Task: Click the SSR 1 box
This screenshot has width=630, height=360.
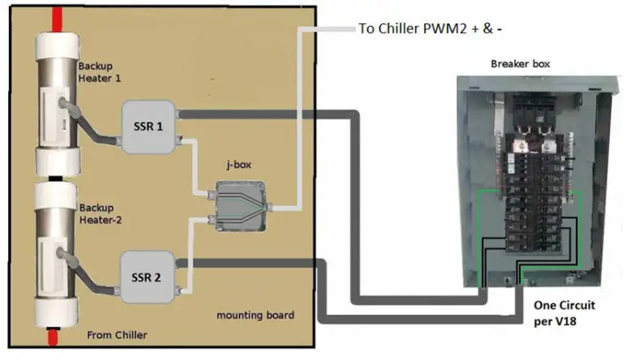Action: tap(149, 126)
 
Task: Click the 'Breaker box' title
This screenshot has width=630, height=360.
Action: tap(520, 63)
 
